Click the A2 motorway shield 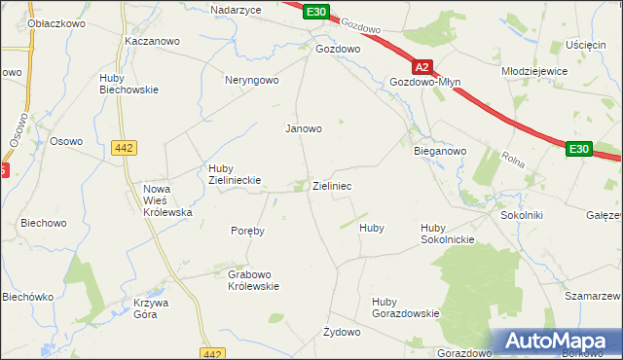tap(421, 68)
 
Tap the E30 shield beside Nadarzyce tap(315, 12)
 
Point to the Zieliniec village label tap(332, 185)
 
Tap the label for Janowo tap(303, 128)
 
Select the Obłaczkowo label tap(37, 24)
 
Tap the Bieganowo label tap(440, 152)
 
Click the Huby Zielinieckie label tap(231, 173)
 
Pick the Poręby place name tap(247, 232)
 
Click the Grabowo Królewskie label tap(253, 280)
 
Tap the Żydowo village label tap(342, 332)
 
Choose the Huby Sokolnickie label tap(447, 234)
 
